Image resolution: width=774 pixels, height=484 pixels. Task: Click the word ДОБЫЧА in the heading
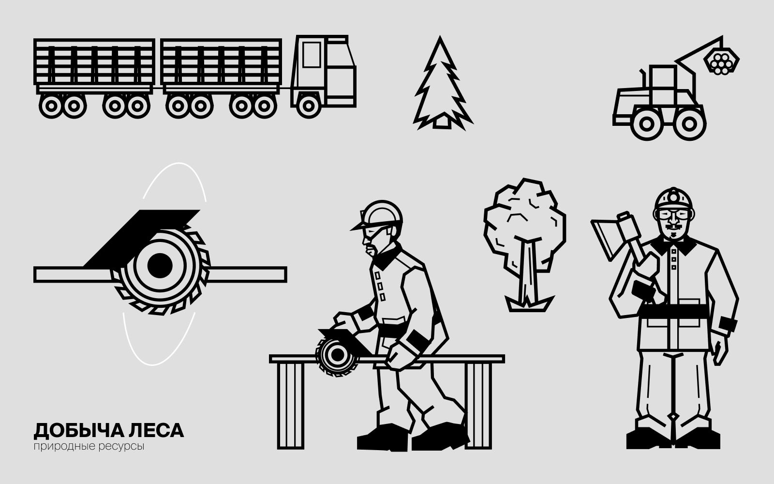click(78, 430)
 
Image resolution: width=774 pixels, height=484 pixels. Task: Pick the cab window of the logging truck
click(312, 55)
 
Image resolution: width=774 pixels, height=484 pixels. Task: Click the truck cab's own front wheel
click(308, 106)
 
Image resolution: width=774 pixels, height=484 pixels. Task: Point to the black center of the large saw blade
click(160, 266)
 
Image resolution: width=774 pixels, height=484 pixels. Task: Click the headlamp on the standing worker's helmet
click(674, 197)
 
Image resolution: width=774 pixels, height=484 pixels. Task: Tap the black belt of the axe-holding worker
click(674, 312)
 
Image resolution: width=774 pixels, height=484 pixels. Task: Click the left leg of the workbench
click(291, 405)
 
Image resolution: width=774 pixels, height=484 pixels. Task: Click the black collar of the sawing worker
click(387, 257)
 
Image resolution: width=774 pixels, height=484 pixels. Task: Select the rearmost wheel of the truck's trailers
click(51, 106)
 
